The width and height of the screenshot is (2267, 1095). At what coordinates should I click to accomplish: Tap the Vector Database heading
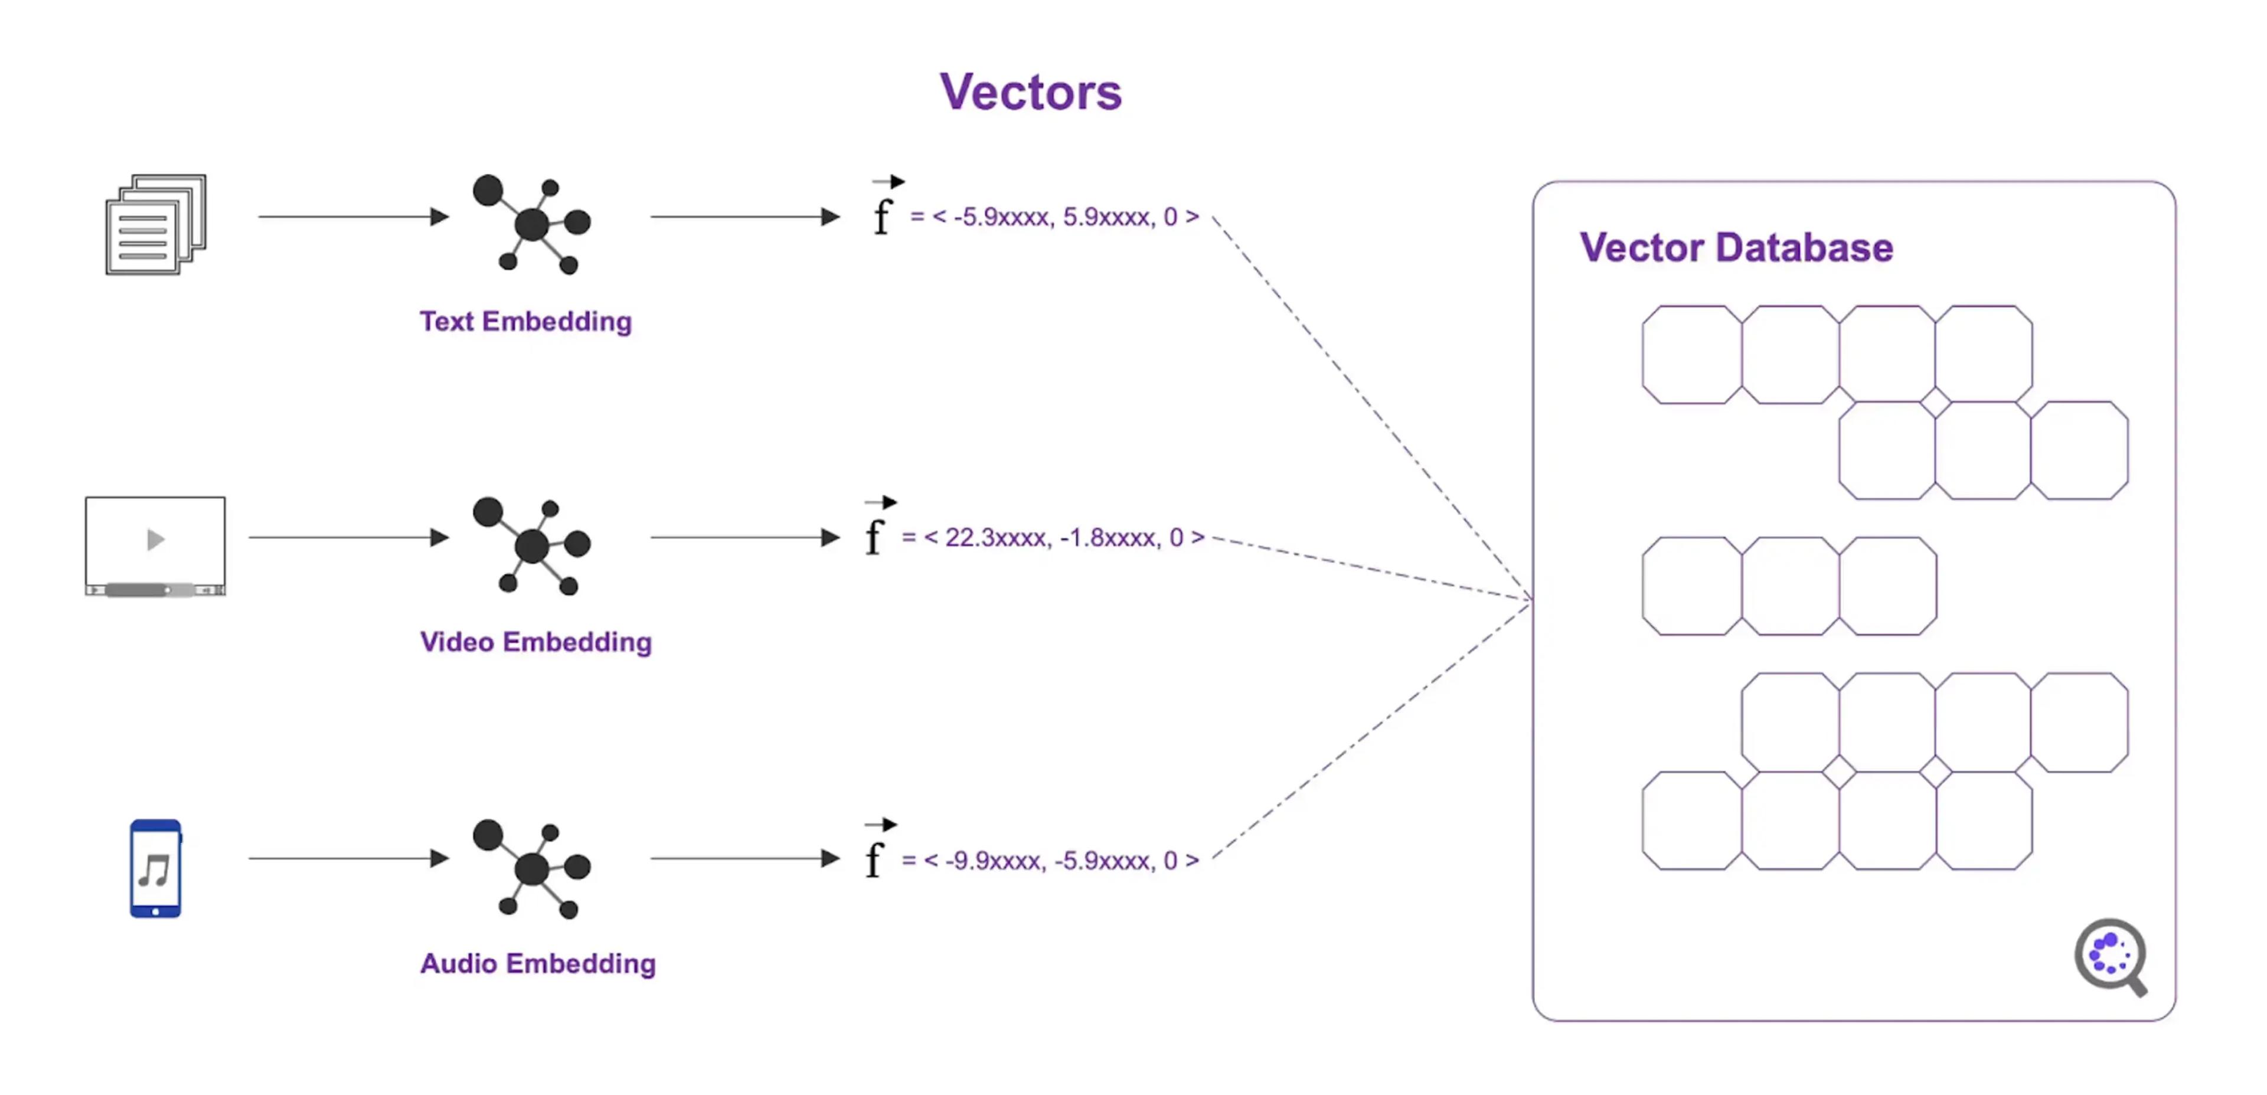(1736, 247)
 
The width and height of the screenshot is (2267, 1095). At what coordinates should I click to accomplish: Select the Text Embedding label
(525, 321)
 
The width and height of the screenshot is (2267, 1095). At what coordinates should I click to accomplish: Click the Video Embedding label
(535, 642)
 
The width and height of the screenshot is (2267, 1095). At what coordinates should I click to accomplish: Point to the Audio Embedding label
(538, 963)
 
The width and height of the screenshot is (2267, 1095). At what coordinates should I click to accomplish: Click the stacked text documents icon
(156, 224)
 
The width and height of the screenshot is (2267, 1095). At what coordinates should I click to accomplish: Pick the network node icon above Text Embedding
(531, 224)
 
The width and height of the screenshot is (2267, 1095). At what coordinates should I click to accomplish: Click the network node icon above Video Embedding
(531, 546)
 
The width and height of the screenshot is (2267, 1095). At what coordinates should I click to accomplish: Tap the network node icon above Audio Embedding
(531, 868)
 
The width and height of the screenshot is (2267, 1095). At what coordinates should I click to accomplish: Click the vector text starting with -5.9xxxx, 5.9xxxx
(1054, 217)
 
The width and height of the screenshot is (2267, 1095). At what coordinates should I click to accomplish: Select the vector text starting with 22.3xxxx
(1053, 537)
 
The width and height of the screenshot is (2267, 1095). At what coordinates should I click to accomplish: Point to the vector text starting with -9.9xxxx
(1051, 860)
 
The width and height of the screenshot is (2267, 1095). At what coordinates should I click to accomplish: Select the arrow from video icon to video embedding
(348, 537)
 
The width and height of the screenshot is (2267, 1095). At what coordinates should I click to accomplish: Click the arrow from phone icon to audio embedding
(348, 858)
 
